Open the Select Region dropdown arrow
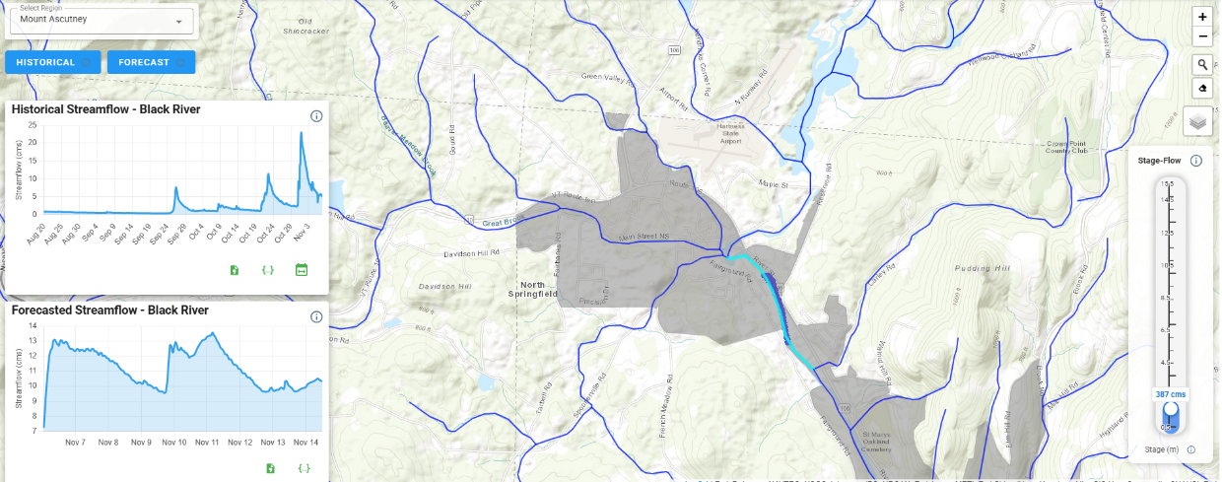[x=178, y=21]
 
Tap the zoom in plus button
[x=1202, y=17]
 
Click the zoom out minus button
[x=1202, y=36]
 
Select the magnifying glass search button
[x=1202, y=65]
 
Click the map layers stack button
[x=1197, y=121]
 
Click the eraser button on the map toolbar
[x=1202, y=88]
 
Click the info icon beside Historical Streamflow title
[x=316, y=116]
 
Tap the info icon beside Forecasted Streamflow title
[x=316, y=317]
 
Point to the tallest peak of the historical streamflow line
[x=301, y=133]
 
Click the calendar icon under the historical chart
[x=302, y=270]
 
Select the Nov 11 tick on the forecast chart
[x=208, y=443]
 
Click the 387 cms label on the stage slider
[x=1170, y=394]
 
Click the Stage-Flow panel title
[x=1158, y=160]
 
